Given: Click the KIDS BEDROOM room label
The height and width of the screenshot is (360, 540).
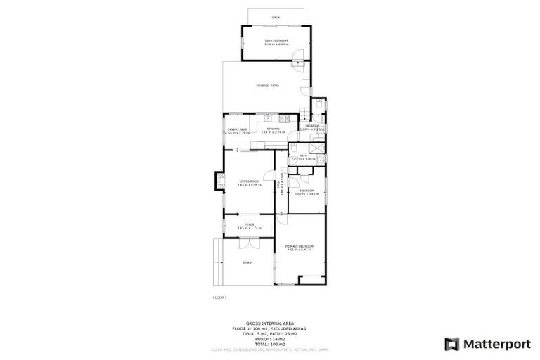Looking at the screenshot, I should (276, 41).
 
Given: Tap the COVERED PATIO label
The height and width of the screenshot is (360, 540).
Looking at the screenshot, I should (267, 86).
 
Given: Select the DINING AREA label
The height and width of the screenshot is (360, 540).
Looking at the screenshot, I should (237, 130).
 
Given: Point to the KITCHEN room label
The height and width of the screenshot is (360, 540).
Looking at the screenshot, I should (272, 129).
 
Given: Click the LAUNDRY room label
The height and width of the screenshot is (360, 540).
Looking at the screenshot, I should (311, 127).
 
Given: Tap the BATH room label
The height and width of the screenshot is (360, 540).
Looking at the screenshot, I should (303, 155).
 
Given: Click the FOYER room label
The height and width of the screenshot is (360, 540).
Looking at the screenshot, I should (249, 224).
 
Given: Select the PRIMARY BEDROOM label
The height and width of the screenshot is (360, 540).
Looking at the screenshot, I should (300, 246).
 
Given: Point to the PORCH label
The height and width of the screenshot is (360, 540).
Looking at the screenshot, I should (247, 263).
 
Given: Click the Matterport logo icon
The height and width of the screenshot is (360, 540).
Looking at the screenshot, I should (453, 343).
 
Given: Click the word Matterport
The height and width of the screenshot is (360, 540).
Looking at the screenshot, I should (491, 344).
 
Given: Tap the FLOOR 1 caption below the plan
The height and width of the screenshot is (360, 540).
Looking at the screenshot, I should (220, 298).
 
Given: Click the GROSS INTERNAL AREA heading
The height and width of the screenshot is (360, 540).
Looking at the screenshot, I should (269, 325).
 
